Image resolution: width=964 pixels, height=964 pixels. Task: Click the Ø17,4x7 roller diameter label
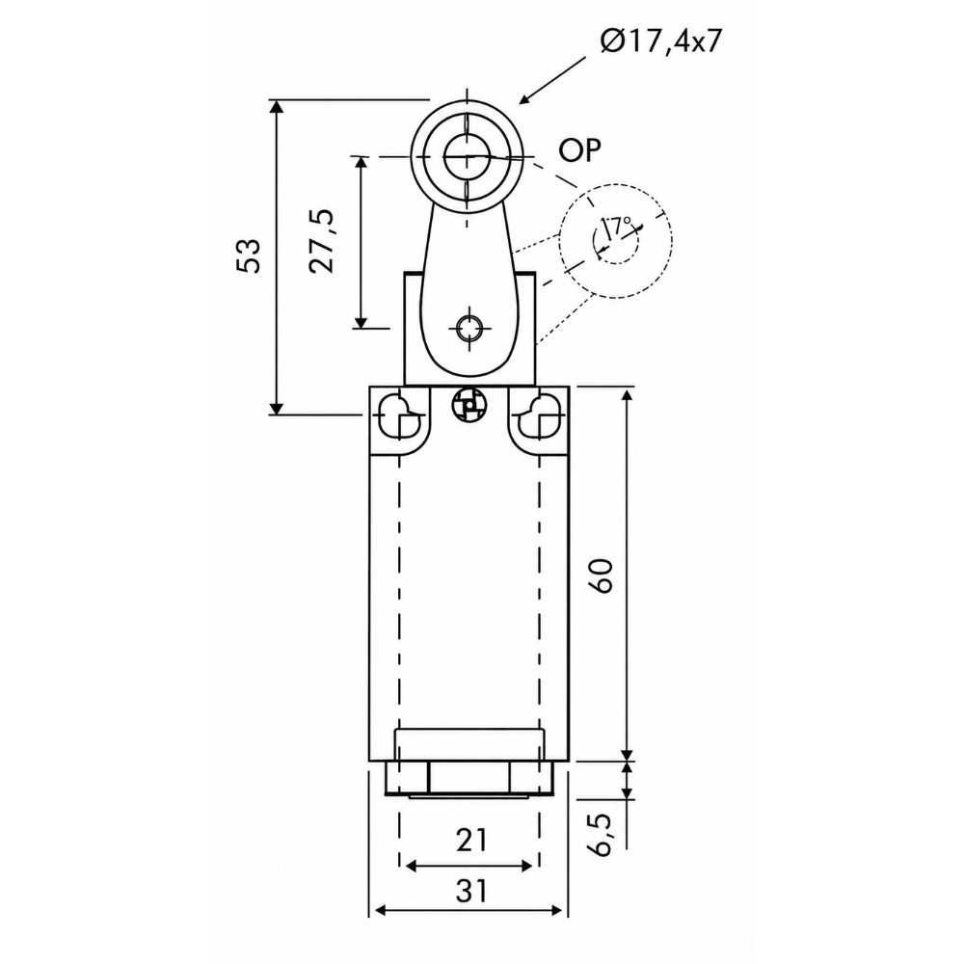[660, 42]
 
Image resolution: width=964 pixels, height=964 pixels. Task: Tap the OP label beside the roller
[579, 149]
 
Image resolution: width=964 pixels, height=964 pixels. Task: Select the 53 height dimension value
[250, 254]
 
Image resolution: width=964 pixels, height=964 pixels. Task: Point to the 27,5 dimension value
[322, 241]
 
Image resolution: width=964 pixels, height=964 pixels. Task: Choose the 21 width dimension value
[471, 840]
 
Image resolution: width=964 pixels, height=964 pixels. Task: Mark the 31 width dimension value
[471, 890]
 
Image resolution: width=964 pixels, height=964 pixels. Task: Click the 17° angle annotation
[618, 228]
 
